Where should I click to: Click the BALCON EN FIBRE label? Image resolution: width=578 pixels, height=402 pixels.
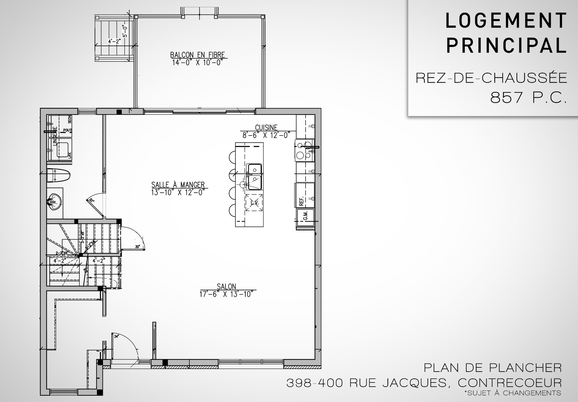pos(197,55)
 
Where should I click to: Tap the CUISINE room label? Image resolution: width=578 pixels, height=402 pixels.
pos(266,128)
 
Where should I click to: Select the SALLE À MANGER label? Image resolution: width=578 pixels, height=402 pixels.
pos(178,185)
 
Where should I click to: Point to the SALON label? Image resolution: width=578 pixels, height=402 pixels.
pos(226,286)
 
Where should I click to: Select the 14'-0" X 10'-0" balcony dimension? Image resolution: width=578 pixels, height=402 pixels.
pos(197,63)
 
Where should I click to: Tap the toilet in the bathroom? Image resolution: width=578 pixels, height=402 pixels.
pos(59,175)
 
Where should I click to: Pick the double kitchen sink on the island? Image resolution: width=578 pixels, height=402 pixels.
pos(255,177)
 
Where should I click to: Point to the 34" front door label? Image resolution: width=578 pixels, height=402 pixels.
pos(116,336)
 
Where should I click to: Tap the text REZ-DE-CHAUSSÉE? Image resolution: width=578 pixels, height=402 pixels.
pos(491,78)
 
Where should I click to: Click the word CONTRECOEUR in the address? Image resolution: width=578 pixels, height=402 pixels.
pos(510,383)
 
